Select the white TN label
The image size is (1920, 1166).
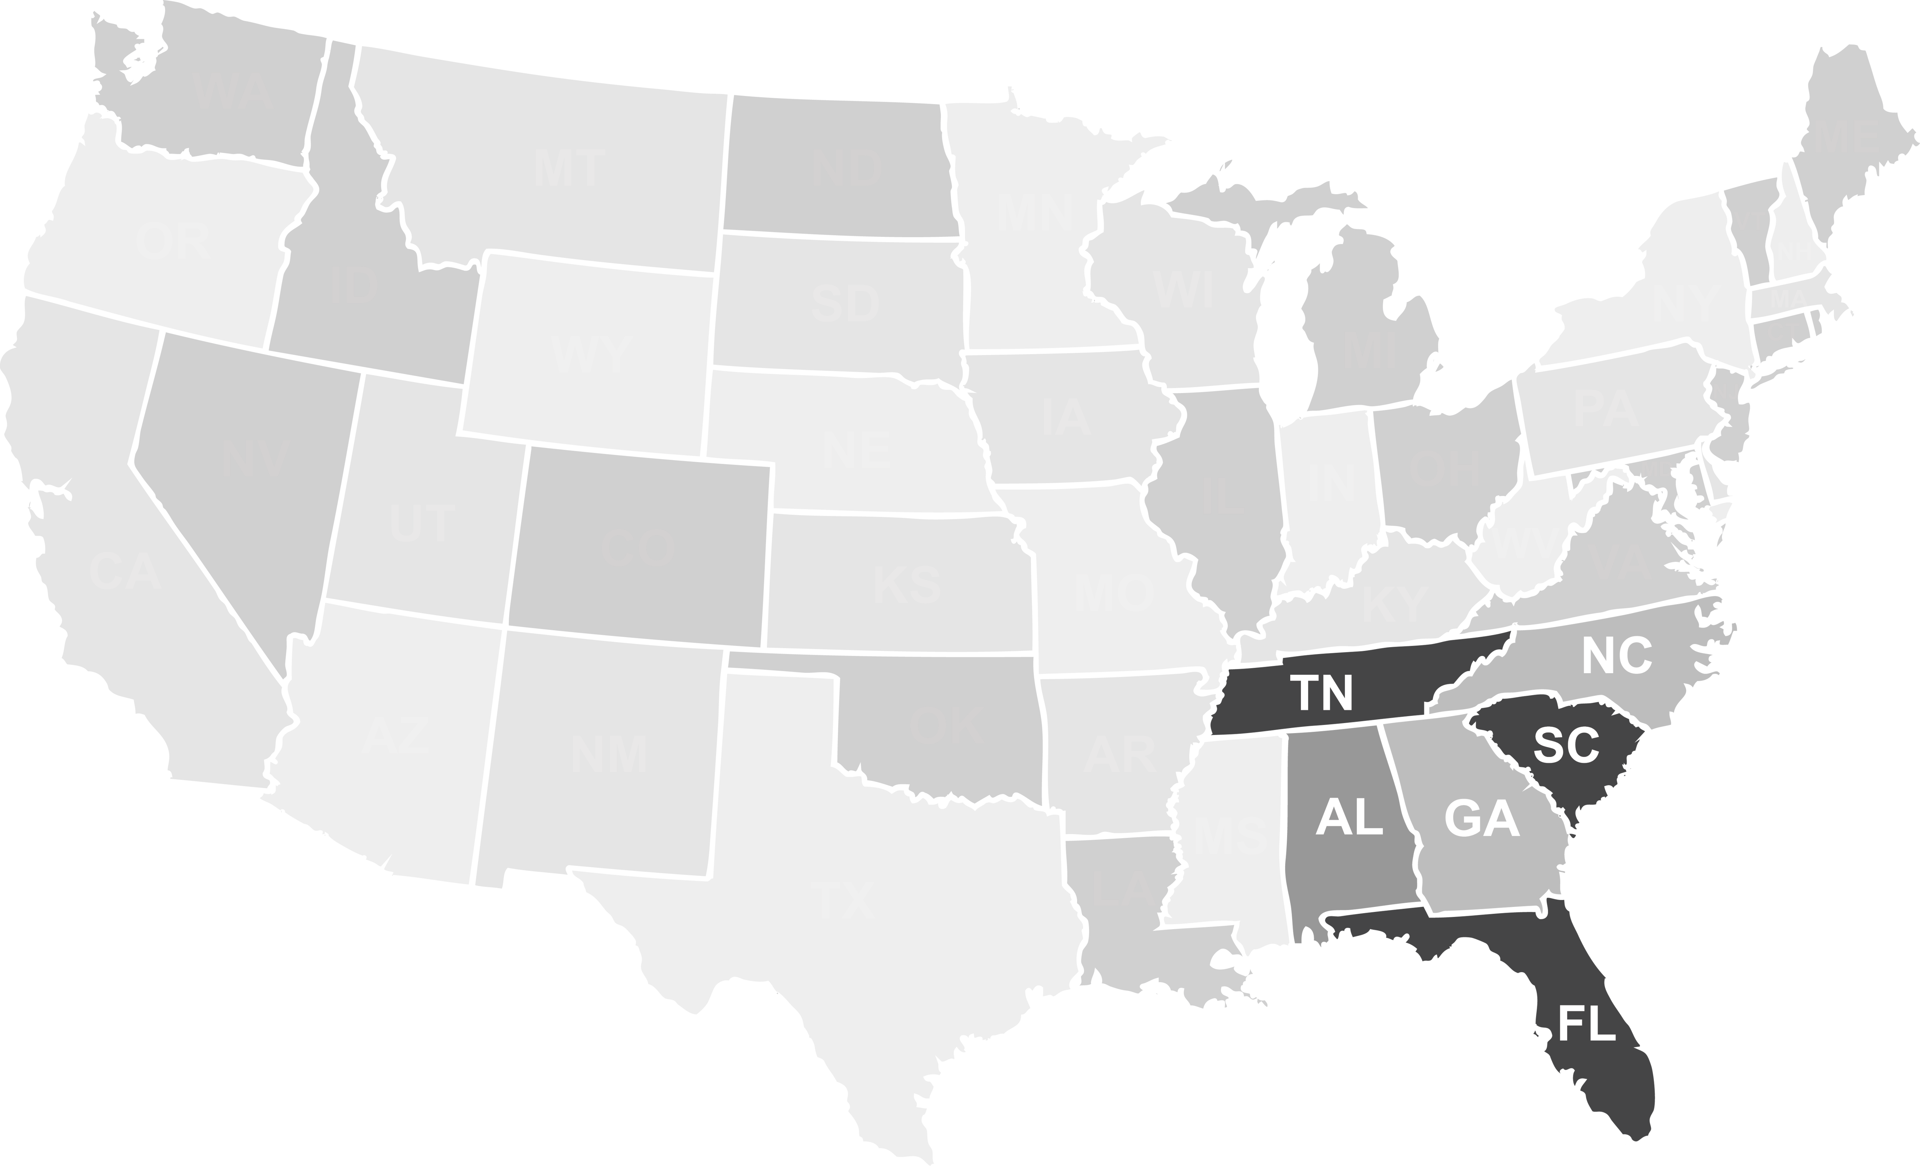pos(1322,692)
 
